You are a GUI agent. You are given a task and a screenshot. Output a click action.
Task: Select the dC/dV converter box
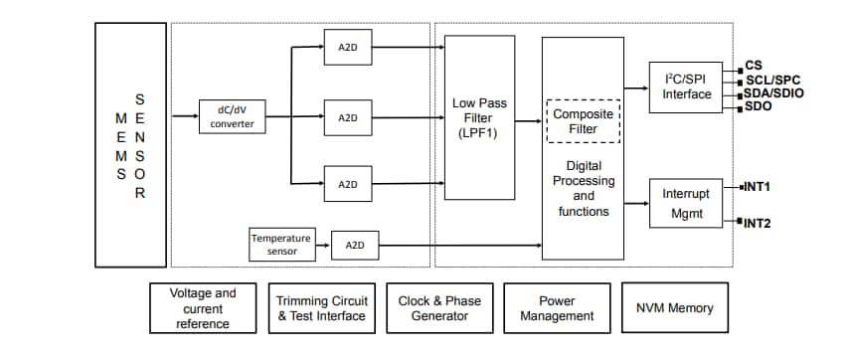(232, 117)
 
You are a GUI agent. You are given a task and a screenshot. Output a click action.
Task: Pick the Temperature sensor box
(280, 245)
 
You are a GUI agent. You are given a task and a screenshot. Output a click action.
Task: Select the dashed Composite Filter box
(583, 121)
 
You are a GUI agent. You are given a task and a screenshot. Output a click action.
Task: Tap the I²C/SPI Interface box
(687, 87)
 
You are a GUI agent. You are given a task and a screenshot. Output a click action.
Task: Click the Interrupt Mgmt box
(687, 204)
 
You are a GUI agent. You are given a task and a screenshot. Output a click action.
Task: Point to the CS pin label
(754, 67)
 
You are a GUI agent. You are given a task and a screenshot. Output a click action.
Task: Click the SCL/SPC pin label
(771, 80)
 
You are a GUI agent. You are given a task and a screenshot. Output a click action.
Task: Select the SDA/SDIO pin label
(774, 92)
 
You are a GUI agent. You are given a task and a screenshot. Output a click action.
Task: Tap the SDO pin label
(759, 105)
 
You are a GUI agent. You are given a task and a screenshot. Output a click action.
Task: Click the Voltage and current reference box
(203, 308)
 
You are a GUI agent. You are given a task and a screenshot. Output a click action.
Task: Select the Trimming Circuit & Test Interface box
(321, 308)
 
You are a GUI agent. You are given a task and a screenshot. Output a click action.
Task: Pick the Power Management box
(557, 308)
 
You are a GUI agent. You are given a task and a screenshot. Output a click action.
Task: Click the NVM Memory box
(674, 308)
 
